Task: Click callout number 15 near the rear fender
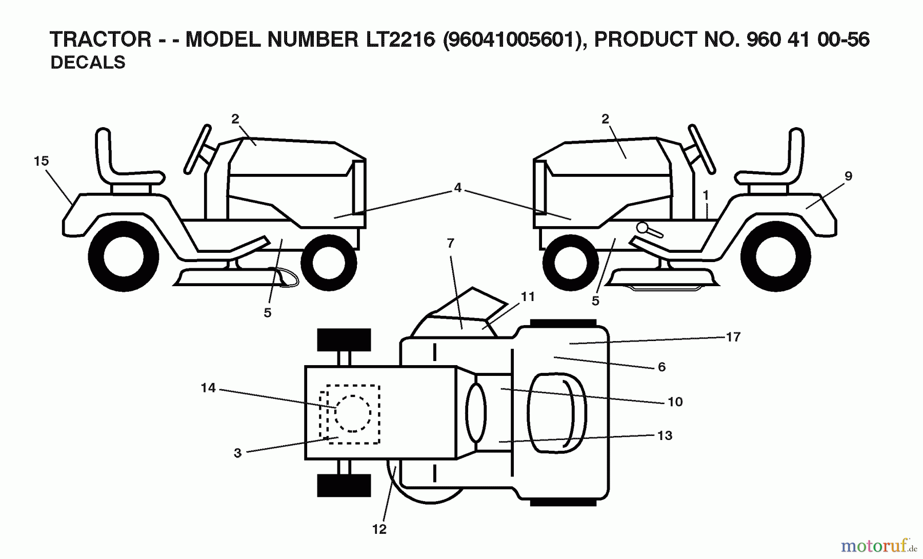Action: click(41, 161)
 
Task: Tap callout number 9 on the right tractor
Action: click(848, 176)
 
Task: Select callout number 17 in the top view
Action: click(733, 337)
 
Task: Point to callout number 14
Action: click(208, 388)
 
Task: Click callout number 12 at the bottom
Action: click(379, 529)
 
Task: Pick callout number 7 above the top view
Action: click(450, 244)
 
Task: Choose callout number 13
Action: click(665, 435)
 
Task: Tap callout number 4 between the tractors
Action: click(457, 188)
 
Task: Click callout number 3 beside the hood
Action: click(237, 453)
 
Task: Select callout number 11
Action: click(528, 297)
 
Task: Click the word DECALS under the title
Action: click(88, 62)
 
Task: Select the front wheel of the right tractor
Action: click(570, 263)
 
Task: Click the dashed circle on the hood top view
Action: click(353, 413)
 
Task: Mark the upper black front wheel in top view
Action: click(344, 340)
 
